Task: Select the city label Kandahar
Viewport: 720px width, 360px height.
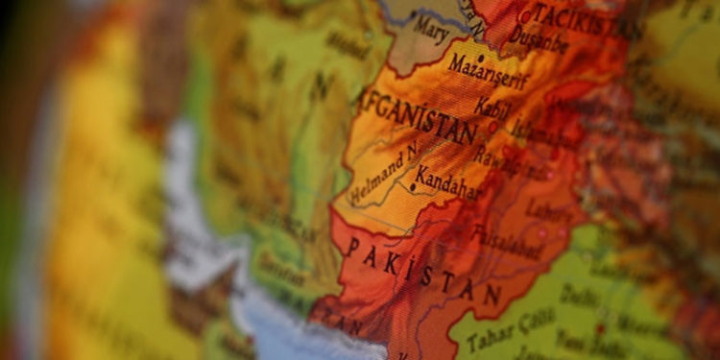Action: pos(447,180)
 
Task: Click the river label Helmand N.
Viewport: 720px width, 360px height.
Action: pos(384,175)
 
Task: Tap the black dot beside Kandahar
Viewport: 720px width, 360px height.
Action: pos(413,186)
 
